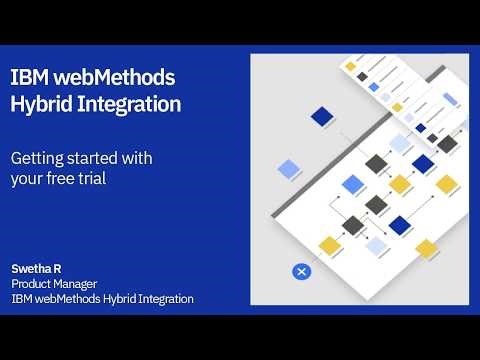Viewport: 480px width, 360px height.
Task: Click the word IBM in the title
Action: [x=27, y=77]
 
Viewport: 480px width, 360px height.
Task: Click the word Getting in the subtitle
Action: [x=37, y=158]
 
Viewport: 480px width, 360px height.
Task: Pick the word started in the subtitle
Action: [x=98, y=158]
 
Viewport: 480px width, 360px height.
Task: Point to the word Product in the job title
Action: [x=33, y=284]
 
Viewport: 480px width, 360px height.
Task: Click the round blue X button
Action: [x=302, y=271]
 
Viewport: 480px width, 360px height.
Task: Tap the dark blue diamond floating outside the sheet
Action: [x=322, y=117]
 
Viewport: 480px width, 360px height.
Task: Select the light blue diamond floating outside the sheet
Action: [x=289, y=168]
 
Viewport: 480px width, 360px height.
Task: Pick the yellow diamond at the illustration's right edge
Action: [x=447, y=184]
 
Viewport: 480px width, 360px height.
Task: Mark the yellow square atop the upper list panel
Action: [x=351, y=67]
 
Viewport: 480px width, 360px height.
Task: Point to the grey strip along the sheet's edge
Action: [x=300, y=200]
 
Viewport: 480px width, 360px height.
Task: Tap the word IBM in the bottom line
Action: [x=23, y=298]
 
